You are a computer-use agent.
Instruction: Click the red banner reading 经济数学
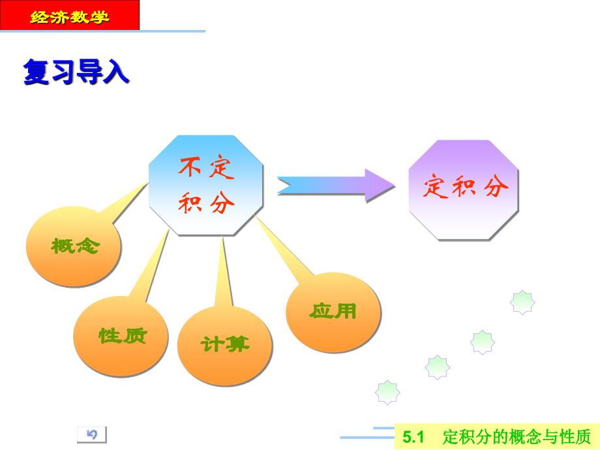point(70,15)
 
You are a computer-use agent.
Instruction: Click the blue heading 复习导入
point(76,72)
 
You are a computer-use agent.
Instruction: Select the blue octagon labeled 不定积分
point(206,185)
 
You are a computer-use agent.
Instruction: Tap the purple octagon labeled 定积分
point(464,190)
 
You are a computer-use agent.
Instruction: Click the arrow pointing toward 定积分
point(336,186)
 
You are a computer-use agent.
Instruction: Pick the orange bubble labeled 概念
point(74,246)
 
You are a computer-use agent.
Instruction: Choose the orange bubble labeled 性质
point(121,336)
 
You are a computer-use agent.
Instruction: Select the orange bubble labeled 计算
point(225,345)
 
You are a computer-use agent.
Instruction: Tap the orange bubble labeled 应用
point(333,312)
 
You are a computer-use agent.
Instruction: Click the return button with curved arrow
point(92,435)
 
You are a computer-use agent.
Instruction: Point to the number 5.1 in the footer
point(413,436)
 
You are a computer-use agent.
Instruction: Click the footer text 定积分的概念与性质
point(517,436)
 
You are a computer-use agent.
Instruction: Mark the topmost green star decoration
point(522,302)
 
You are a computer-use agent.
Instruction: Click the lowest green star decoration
point(387,392)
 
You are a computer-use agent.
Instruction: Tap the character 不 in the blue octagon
point(190,167)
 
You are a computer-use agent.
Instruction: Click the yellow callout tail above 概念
point(125,203)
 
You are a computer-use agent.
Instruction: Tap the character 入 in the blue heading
point(116,72)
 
